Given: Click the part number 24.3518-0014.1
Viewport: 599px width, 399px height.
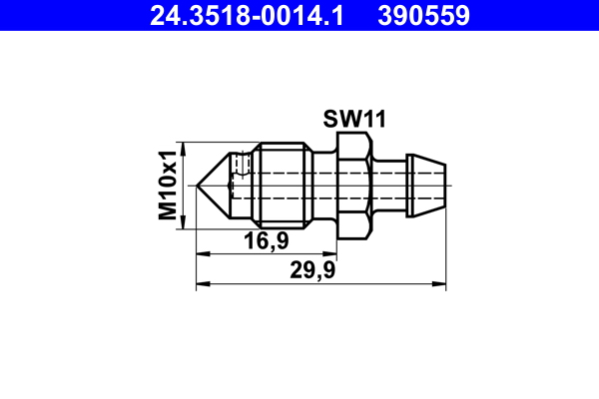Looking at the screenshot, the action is [x=247, y=16].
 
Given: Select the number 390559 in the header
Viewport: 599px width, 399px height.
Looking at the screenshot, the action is [x=423, y=16].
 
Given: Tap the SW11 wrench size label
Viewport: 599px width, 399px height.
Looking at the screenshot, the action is [x=354, y=119].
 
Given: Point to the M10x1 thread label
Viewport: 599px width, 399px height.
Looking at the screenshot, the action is [x=168, y=186].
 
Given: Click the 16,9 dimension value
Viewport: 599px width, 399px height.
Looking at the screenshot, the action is [x=267, y=241].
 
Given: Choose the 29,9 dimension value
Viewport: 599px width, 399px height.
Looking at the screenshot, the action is [x=312, y=270].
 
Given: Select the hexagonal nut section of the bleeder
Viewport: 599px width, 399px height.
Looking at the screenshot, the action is [x=354, y=186].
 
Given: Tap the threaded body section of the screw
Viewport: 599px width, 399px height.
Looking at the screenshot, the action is [x=282, y=186].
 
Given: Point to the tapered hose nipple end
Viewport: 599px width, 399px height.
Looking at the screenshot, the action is [x=429, y=186].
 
